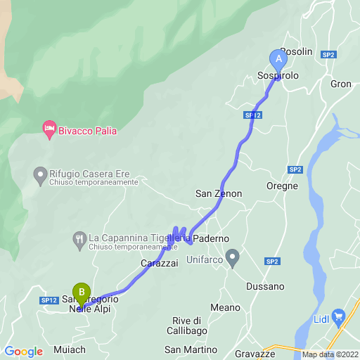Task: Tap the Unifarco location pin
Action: tap(233, 255)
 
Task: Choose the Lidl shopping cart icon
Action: tap(338, 316)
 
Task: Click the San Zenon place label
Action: tap(219, 193)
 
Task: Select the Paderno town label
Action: tap(211, 238)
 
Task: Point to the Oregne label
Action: tap(282, 186)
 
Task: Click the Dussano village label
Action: tap(265, 286)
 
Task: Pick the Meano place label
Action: tap(225, 307)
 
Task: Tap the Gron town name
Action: tap(340, 84)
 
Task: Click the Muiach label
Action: tap(70, 349)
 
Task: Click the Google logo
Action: tap(23, 352)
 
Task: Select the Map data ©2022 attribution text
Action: tap(330, 354)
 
